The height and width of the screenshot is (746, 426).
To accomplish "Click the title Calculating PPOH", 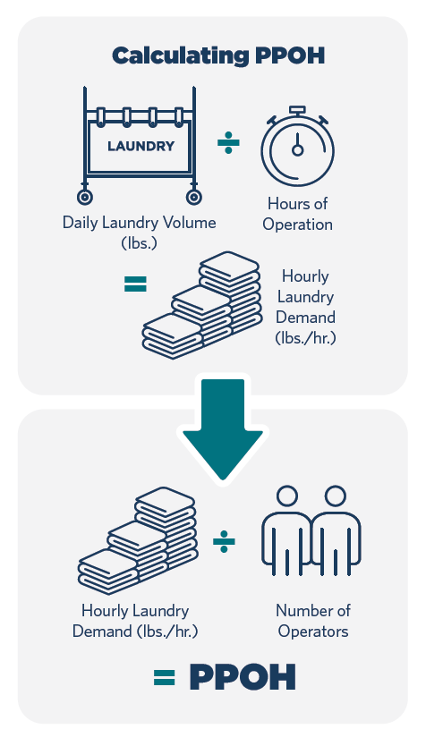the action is (218, 55).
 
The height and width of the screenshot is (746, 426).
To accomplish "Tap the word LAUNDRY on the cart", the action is (141, 146).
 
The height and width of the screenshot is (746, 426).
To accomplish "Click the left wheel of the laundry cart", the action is (85, 197).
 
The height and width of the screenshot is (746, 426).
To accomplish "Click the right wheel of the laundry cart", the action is (193, 197).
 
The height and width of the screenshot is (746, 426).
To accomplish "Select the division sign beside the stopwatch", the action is (228, 143).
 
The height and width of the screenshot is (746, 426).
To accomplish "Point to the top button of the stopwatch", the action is (297, 110).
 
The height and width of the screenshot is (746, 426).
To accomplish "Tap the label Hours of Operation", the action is (297, 214).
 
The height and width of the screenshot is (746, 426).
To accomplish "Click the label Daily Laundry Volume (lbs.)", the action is (139, 233).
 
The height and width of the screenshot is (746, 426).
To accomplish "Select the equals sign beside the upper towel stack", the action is (135, 284).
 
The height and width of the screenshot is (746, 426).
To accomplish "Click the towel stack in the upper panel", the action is (202, 305).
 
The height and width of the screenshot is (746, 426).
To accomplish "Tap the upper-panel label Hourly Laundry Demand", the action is (305, 307).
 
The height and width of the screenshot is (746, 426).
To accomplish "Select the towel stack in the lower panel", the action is (138, 540).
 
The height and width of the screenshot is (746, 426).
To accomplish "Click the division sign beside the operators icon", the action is (224, 542).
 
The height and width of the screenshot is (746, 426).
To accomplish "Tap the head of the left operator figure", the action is (287, 496).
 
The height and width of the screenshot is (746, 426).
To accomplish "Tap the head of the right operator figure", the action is (335, 496).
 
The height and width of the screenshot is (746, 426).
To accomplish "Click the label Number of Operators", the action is (313, 621).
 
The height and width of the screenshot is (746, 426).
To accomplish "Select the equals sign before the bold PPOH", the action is (164, 677).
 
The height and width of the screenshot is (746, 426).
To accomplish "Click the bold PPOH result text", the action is (243, 677).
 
